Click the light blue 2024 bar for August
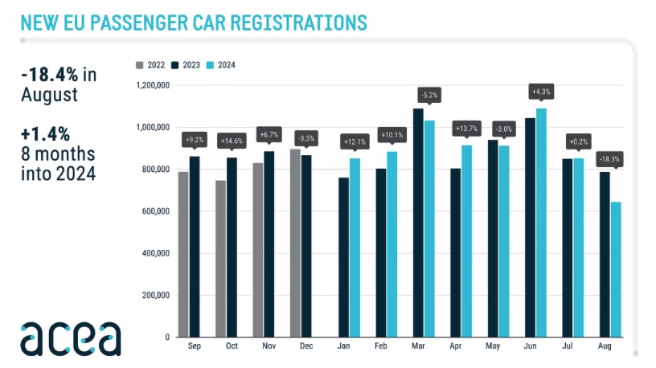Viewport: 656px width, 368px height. pyautogui.click(x=616, y=269)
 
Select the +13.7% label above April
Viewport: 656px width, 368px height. pyautogui.click(x=467, y=128)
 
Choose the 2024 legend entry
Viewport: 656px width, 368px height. pyautogui.click(x=222, y=65)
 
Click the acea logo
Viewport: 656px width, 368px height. pyautogui.click(x=71, y=338)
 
